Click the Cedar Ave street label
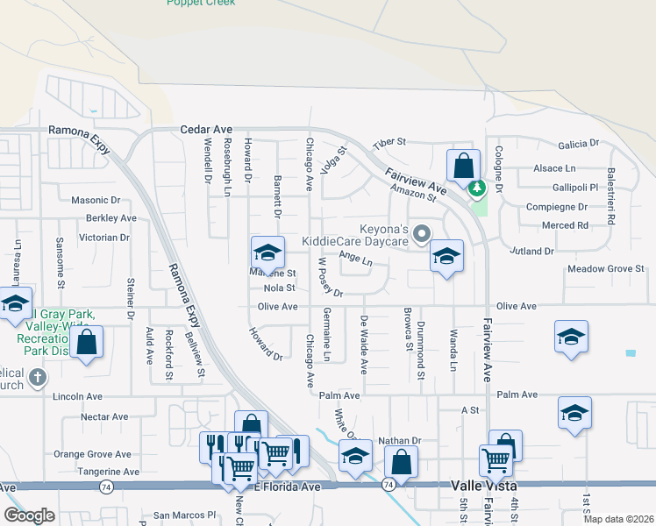pos(205,129)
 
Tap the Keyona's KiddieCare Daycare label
pos(354,233)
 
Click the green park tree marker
pos(477,188)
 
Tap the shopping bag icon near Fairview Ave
pos(462,166)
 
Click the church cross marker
pos(37,378)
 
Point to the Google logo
pos(29,515)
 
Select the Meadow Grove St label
pos(606,269)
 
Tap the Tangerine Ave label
pos(109,472)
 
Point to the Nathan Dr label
pos(400,441)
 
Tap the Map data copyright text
pos(618,519)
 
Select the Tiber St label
pos(389,141)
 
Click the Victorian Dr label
pos(104,238)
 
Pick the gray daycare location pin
pos(422,233)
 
